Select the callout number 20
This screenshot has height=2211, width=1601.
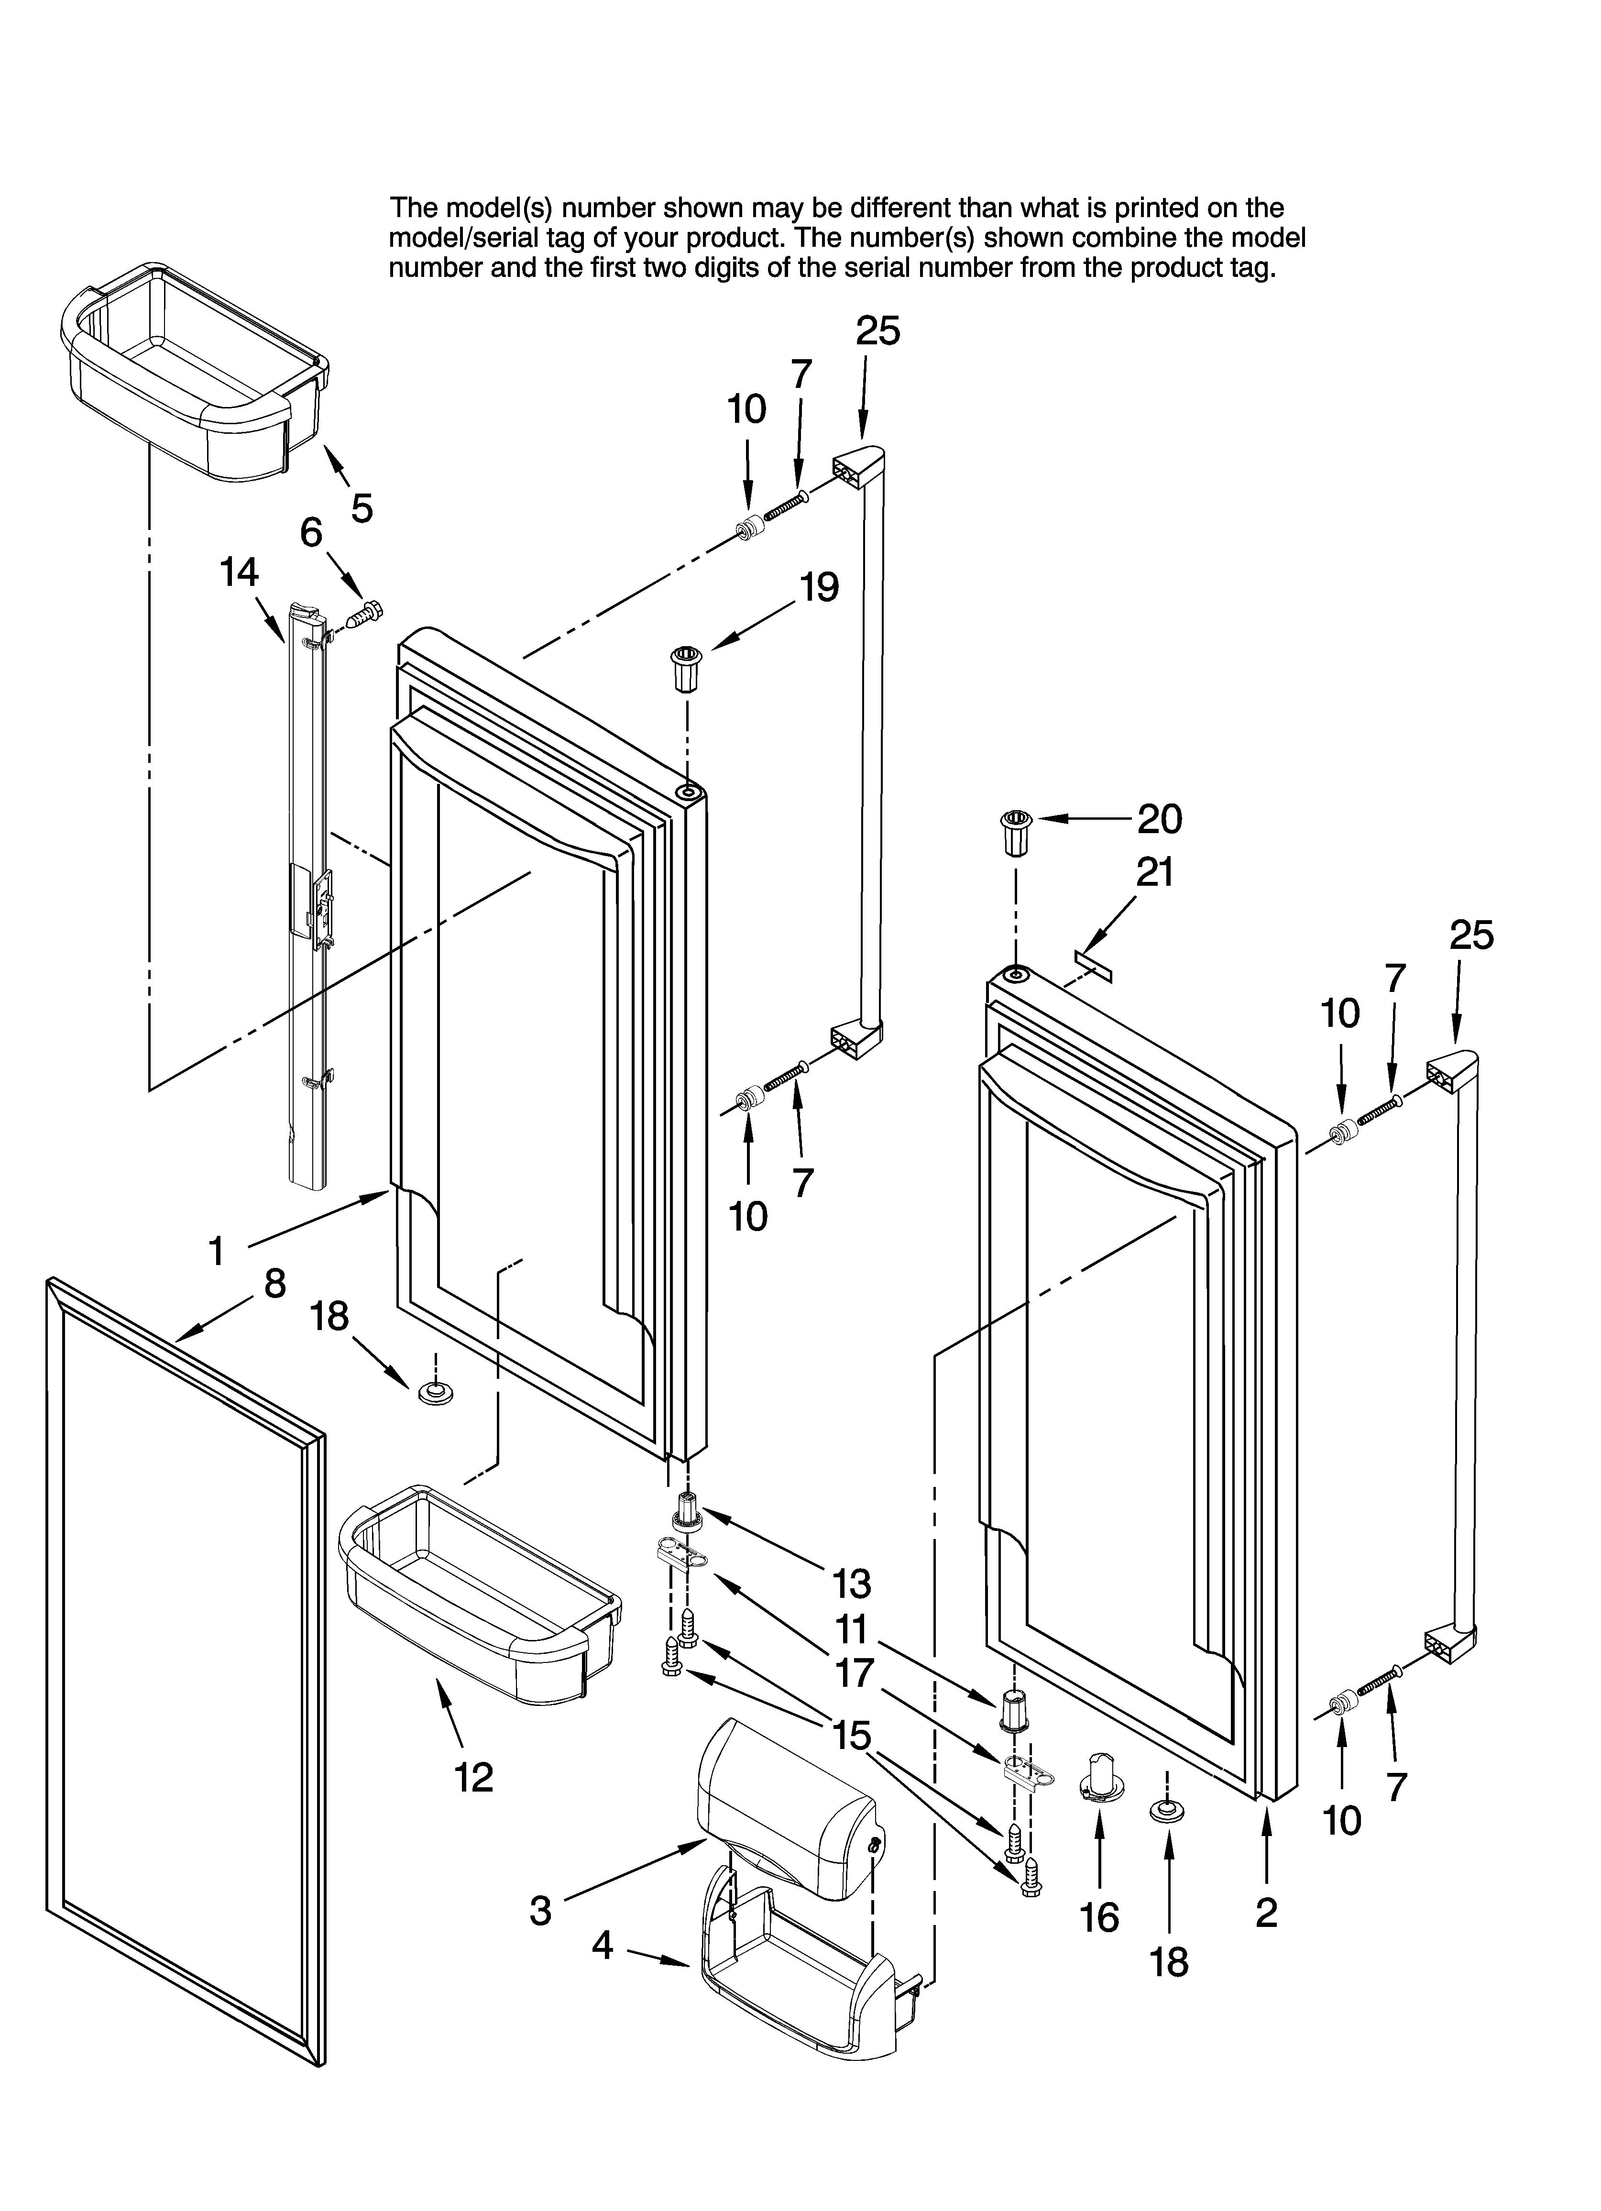click(1159, 820)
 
